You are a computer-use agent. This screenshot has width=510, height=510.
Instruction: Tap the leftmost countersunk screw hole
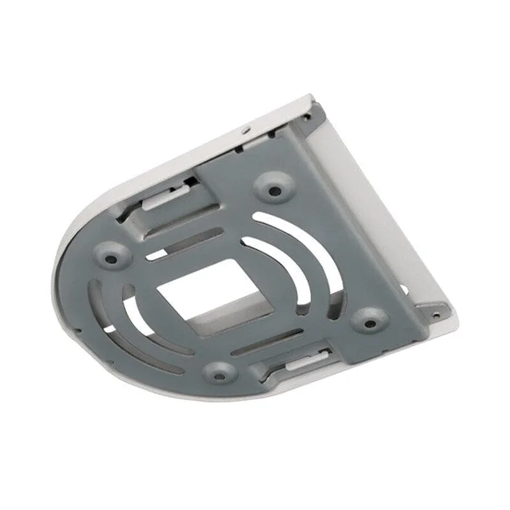point(111,256)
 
